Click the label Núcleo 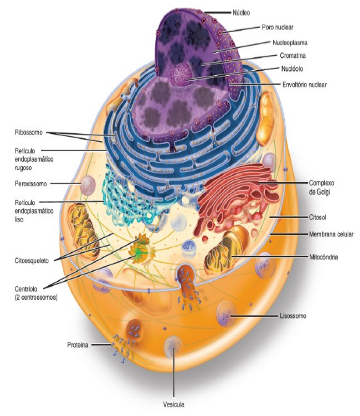click(241, 13)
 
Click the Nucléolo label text click(292, 69)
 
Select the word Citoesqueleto click(32, 260)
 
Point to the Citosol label click(318, 217)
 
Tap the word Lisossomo click(293, 316)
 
